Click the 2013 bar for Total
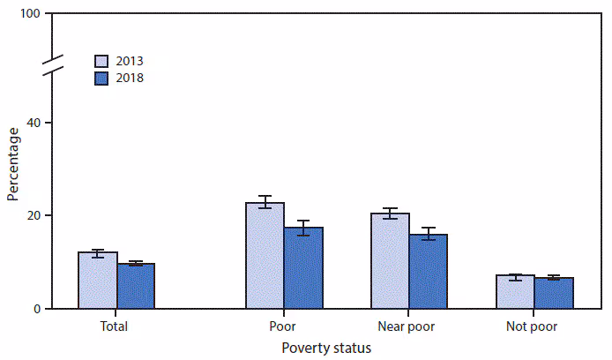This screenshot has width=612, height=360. click(x=97, y=281)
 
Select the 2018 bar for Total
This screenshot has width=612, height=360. click(x=136, y=286)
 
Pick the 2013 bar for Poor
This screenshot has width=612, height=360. click(x=265, y=256)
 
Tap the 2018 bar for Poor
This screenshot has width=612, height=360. click(x=303, y=268)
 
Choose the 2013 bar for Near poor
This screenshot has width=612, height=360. click(x=390, y=261)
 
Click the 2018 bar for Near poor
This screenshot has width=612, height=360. click(x=429, y=272)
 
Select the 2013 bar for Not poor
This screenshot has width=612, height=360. click(x=515, y=292)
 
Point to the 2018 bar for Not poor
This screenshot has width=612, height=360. click(x=554, y=293)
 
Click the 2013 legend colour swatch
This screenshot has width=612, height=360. click(x=103, y=61)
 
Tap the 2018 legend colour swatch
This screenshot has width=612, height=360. click(x=103, y=78)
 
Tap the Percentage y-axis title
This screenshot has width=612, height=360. click(x=12, y=164)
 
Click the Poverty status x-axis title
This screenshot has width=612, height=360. click(x=326, y=348)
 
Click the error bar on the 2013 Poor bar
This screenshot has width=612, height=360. click(x=265, y=202)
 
